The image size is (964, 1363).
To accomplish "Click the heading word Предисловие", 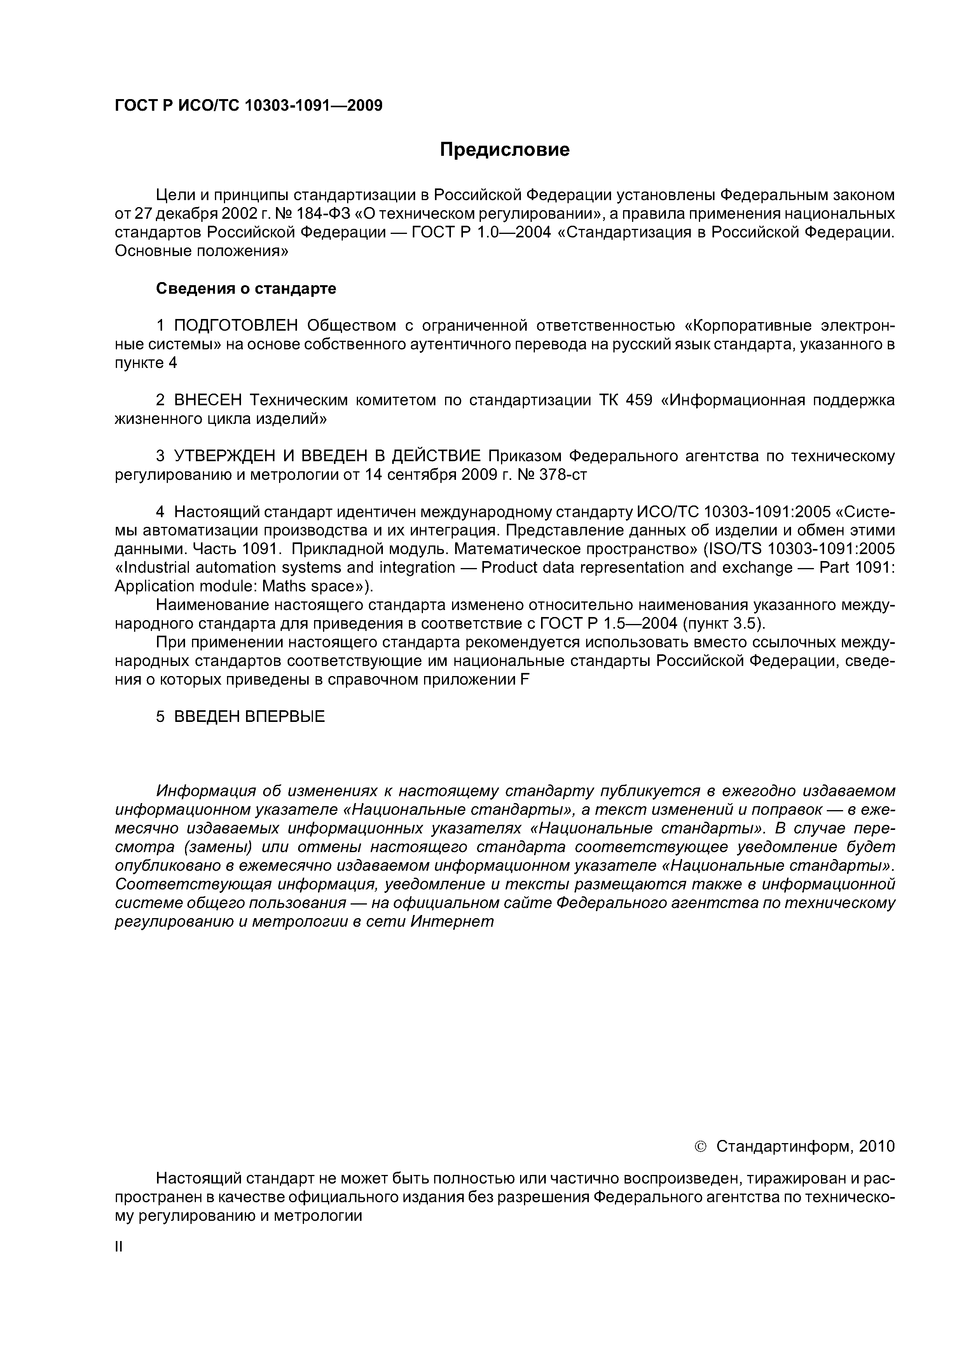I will coord(504,150).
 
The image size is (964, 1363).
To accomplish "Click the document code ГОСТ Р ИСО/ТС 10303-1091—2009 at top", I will coord(248,106).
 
